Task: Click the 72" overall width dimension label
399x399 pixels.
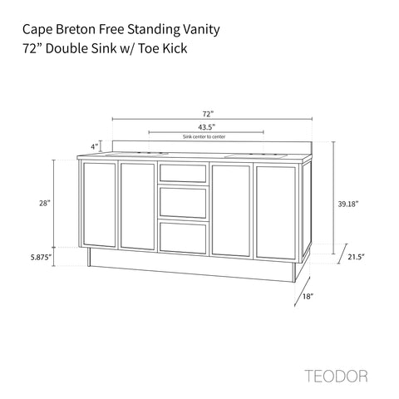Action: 208,114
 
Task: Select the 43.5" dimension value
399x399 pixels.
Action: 207,127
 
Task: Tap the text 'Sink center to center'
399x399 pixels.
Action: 204,136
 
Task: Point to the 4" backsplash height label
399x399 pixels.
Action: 95,146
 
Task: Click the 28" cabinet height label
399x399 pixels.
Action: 45,204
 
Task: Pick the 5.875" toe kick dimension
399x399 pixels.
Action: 41,257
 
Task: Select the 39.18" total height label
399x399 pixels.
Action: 348,204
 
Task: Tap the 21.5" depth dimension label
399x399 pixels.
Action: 356,257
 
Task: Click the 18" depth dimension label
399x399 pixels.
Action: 308,297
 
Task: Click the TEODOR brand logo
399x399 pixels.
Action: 336,377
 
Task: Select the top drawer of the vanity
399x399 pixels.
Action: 183,173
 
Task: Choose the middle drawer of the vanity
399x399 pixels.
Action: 183,202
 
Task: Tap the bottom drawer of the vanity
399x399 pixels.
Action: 183,238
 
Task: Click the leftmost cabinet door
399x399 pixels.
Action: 99,204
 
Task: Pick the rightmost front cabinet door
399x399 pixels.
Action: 276,213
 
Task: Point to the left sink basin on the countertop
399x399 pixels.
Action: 137,154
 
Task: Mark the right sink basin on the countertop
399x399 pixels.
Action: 256,156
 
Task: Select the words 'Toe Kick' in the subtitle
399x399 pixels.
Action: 163,49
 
